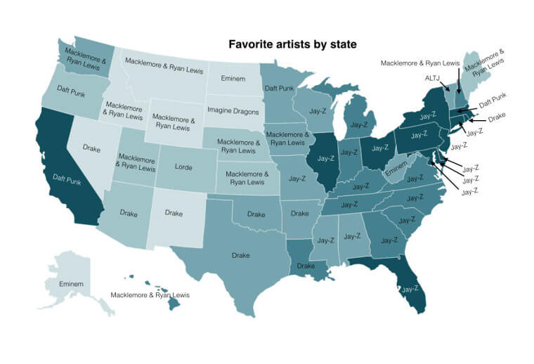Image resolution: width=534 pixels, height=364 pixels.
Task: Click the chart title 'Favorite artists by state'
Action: (292, 44)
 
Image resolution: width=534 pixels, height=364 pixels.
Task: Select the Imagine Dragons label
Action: (232, 111)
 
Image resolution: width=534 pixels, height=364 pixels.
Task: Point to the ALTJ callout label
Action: (433, 79)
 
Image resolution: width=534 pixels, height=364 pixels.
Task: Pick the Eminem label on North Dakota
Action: (233, 79)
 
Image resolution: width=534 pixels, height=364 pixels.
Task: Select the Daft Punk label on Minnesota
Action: (279, 89)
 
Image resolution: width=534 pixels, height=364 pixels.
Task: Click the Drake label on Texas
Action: (241, 255)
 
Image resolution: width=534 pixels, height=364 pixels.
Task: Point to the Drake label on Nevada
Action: (91, 148)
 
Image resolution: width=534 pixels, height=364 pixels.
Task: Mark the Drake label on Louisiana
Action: (306, 266)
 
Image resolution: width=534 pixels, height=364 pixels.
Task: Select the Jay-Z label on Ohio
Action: (380, 148)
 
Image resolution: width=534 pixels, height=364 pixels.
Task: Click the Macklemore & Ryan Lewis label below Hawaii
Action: (150, 295)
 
